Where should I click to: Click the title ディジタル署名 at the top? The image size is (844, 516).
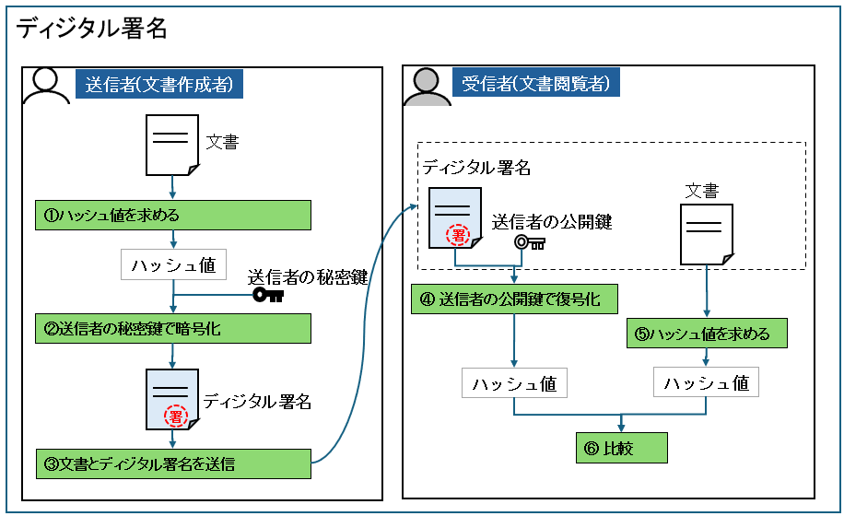(91, 29)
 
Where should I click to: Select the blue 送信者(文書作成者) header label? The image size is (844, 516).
(158, 85)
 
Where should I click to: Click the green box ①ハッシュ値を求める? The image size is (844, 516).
(173, 216)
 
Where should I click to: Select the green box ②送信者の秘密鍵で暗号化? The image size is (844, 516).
(173, 328)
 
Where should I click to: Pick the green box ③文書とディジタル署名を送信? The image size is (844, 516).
(173, 463)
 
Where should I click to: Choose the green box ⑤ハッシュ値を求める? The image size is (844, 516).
(708, 333)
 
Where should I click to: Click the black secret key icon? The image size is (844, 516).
(269, 295)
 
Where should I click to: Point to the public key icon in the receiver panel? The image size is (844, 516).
(530, 243)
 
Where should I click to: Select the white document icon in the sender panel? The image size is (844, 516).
(172, 145)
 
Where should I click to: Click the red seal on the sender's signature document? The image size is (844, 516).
(175, 416)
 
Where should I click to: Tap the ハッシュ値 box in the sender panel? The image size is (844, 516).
(173, 265)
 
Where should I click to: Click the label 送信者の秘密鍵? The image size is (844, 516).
(308, 276)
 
